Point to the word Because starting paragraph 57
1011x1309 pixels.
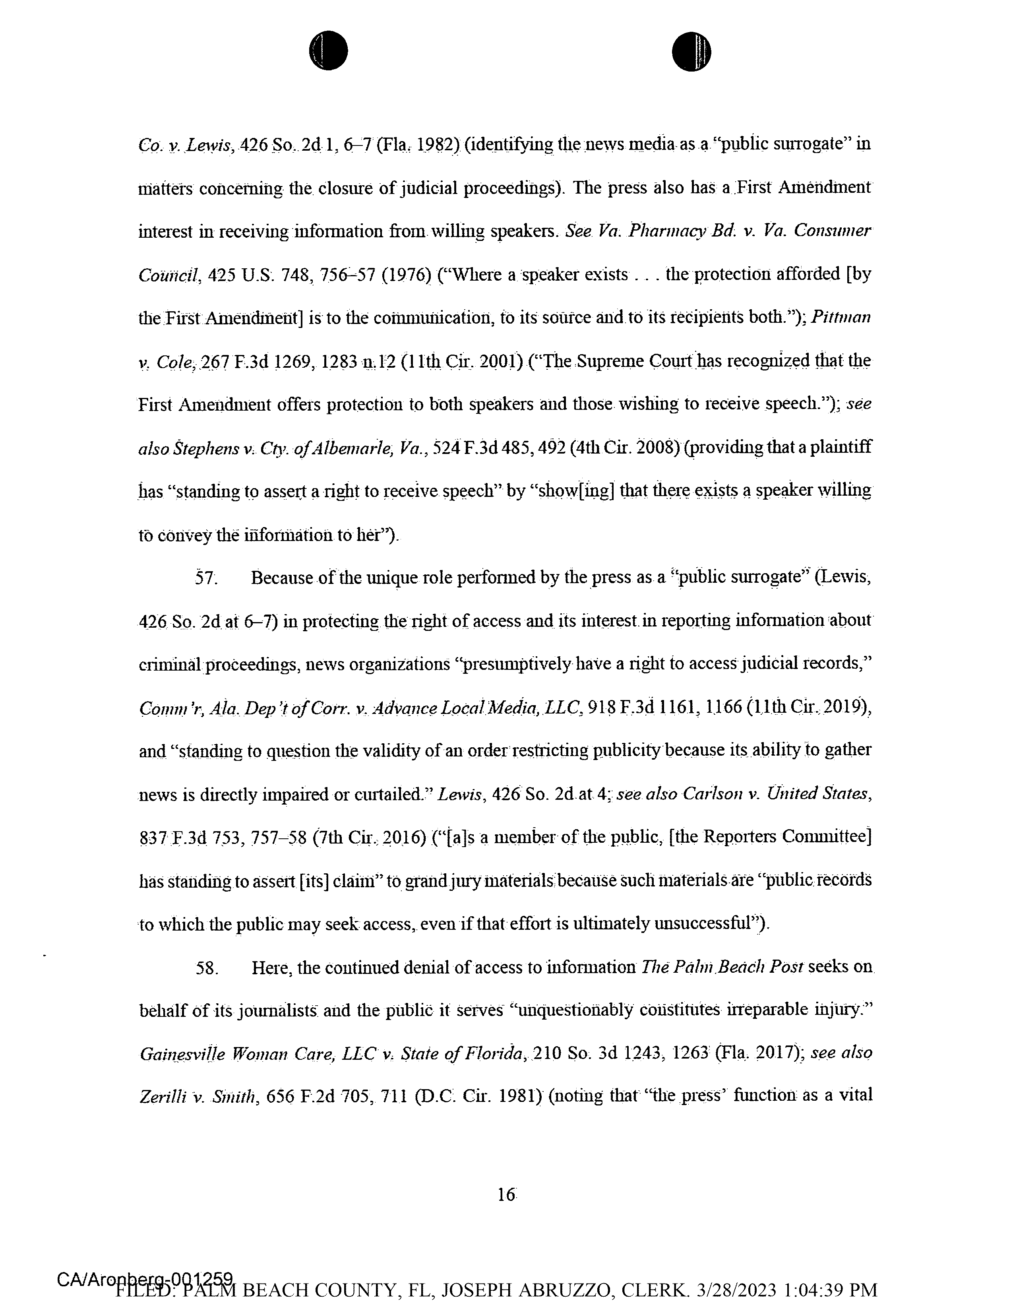coord(282,578)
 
